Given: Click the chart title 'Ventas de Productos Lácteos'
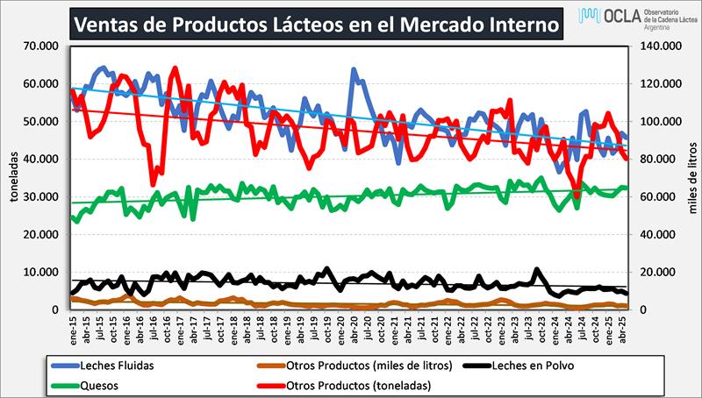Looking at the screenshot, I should click(x=315, y=24).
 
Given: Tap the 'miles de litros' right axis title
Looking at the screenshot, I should click(x=691, y=175).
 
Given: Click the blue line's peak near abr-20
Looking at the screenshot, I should click(x=354, y=69).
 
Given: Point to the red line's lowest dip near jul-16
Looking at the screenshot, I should click(x=153, y=185).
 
